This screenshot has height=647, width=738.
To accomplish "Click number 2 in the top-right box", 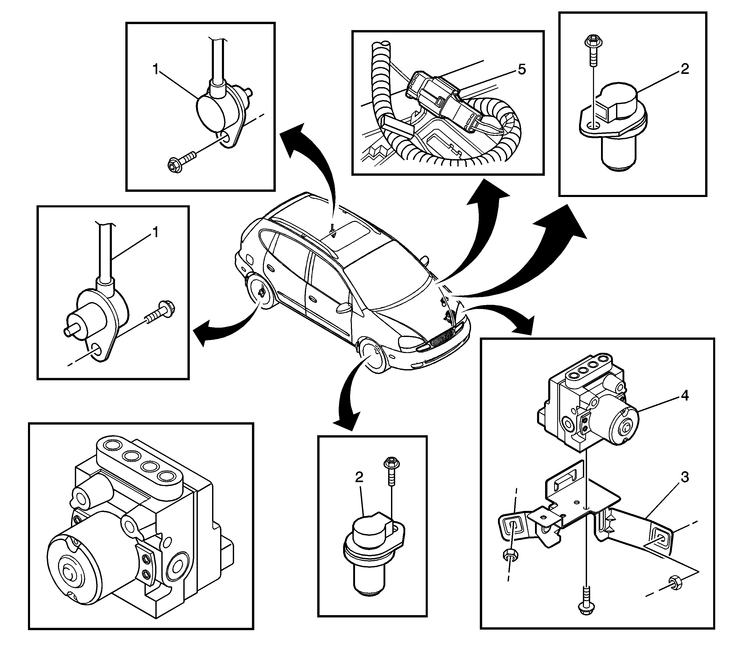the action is pos(685,69).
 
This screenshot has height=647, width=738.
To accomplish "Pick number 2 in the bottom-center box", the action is pos(359,477).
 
